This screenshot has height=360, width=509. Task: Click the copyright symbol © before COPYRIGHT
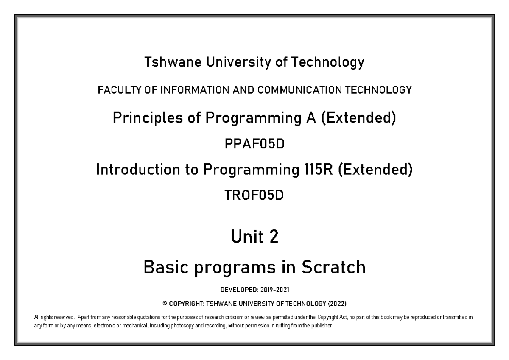[x=165, y=304]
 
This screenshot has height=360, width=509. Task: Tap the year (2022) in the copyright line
[x=335, y=304]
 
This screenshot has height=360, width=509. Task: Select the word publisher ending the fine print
[x=325, y=326]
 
